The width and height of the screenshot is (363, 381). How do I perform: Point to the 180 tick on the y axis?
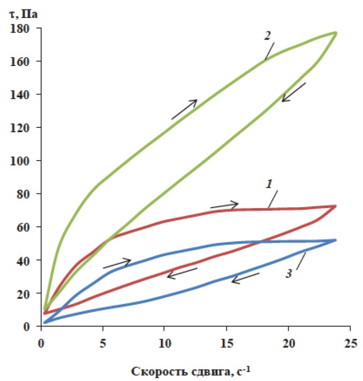pyautogui.click(x=24, y=28)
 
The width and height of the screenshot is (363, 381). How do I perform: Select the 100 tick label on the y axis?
pyautogui.click(x=24, y=161)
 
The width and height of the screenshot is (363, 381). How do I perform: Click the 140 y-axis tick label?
pyautogui.click(x=24, y=95)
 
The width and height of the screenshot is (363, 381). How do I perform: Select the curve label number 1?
pyautogui.click(x=268, y=184)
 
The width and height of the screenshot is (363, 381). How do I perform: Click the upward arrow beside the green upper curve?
pyautogui.click(x=184, y=109)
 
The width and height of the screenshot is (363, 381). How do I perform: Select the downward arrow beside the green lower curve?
pyautogui.click(x=294, y=92)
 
